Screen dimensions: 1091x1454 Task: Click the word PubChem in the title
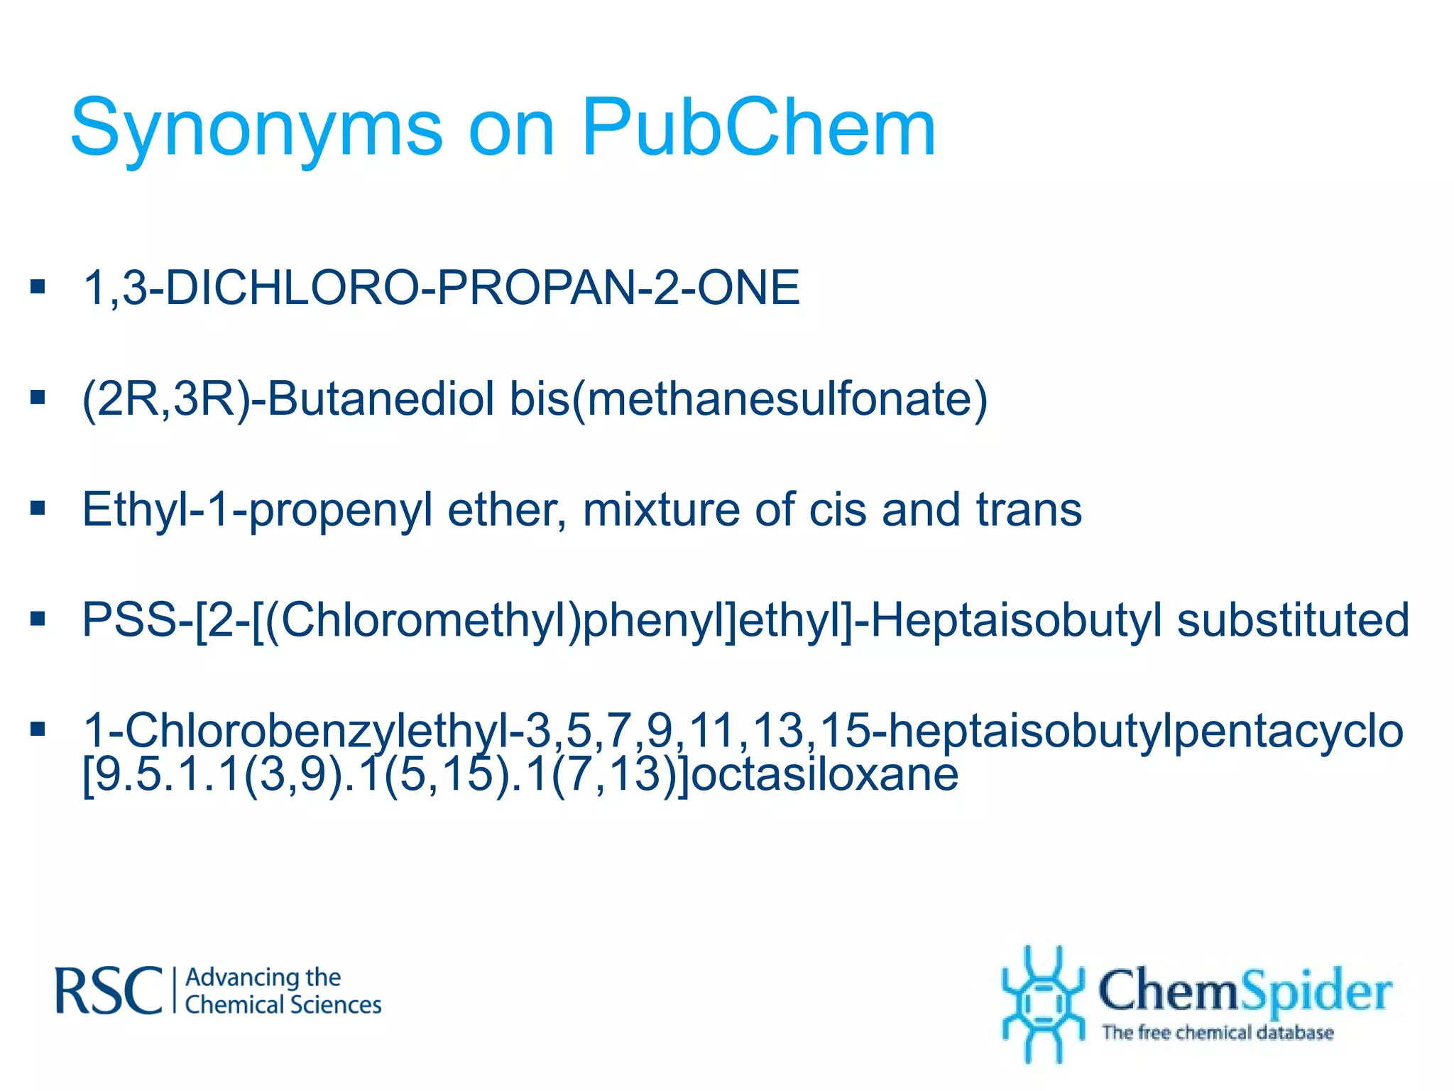tap(758, 128)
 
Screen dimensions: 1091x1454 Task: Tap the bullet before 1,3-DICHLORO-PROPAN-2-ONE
tap(38, 287)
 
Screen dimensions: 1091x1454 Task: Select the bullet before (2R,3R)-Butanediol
tap(38, 397)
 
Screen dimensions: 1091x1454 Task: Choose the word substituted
tap(1293, 619)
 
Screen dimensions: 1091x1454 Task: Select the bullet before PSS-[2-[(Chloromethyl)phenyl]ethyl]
tap(38, 619)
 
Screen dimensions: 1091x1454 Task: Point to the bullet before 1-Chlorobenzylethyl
tap(38, 729)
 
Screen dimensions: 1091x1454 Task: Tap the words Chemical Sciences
tap(283, 1005)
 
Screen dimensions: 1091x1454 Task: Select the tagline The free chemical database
tap(1217, 1032)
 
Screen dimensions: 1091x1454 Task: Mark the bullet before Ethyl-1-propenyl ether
tap(38, 508)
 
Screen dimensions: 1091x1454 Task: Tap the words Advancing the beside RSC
tap(263, 977)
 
